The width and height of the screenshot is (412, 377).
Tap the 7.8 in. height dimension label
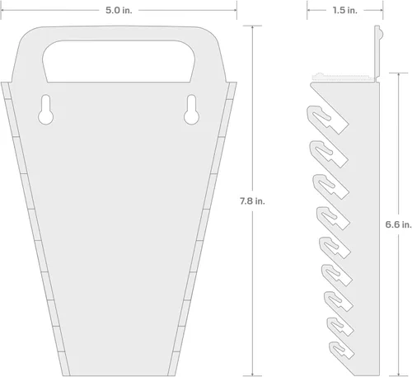(x=253, y=200)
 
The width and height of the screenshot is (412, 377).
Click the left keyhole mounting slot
(x=45, y=110)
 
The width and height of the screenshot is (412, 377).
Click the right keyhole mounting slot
(x=191, y=110)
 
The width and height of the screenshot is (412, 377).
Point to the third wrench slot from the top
(x=324, y=183)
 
